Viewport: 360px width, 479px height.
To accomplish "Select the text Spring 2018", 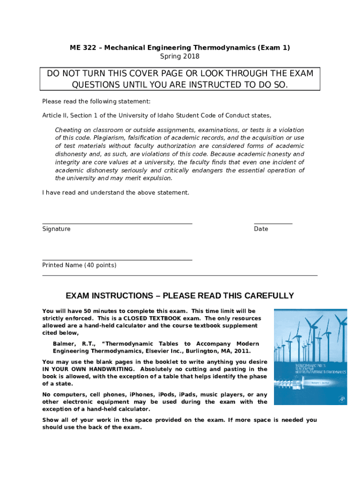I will pyautogui.click(x=180, y=57).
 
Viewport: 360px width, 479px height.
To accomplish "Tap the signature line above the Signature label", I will pyautogui.click(x=117, y=224).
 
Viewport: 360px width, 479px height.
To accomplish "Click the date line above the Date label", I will pyautogui.click(x=273, y=224).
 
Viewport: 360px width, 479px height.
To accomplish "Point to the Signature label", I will pyautogui.click(x=57, y=229).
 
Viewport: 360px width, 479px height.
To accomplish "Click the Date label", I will pyautogui.click(x=261, y=229).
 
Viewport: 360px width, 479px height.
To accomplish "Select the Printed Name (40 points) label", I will pyautogui.click(x=79, y=265).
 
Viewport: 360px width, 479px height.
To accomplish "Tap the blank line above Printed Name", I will pyautogui.click(x=117, y=260).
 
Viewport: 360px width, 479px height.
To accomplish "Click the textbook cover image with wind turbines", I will pyautogui.click(x=310, y=357).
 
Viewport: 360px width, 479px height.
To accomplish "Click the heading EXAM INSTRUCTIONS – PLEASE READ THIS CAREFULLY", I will pyautogui.click(x=180, y=296).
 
